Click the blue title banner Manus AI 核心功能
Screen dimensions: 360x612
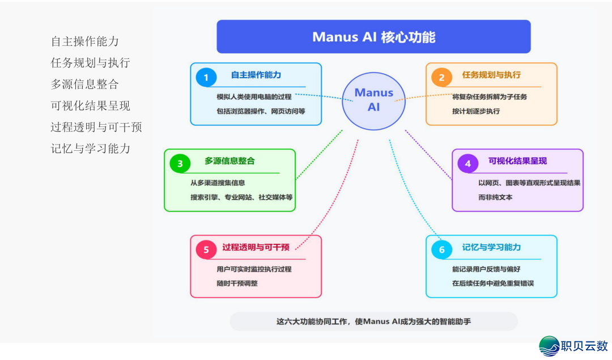click(373, 37)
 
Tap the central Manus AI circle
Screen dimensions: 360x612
click(373, 100)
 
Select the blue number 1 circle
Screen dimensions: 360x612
click(206, 78)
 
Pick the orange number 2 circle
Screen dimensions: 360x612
click(441, 78)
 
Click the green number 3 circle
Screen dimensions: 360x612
click(180, 164)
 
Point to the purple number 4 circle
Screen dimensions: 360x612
click(468, 164)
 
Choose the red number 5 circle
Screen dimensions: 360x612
click(206, 250)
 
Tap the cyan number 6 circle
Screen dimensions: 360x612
click(441, 250)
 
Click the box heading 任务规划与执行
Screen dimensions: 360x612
click(491, 75)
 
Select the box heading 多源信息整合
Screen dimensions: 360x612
click(229, 161)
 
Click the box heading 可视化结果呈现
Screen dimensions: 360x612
click(517, 161)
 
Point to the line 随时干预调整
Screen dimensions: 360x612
click(237, 283)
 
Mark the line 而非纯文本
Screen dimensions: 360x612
click(495, 197)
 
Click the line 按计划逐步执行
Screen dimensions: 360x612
click(476, 111)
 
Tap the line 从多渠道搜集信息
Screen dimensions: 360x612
click(218, 183)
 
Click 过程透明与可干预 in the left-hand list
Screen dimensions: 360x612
click(96, 127)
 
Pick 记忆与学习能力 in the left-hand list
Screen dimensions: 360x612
click(91, 149)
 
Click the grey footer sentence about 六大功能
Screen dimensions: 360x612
click(373, 321)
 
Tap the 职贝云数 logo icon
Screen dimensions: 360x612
click(549, 345)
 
